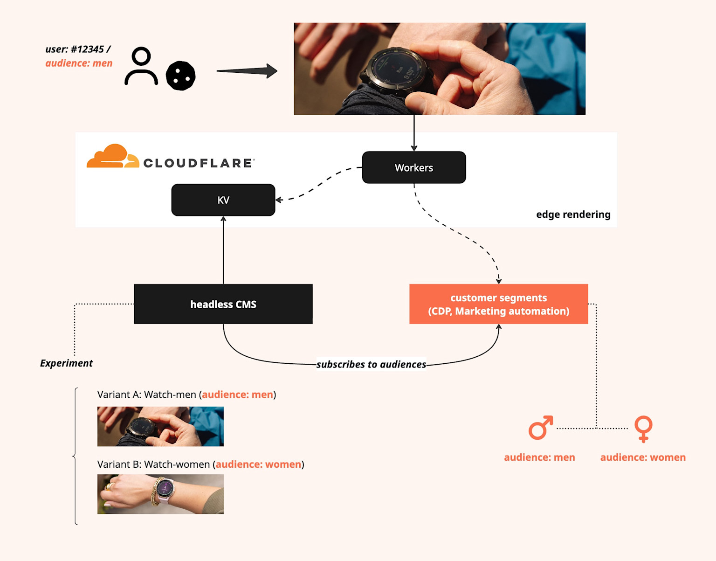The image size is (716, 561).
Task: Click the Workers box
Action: [x=414, y=167]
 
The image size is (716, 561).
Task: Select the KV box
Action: [x=223, y=200]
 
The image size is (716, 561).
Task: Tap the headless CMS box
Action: [x=223, y=304]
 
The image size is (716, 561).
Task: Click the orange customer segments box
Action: [x=498, y=304]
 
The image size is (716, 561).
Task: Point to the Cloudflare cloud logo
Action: [x=112, y=157]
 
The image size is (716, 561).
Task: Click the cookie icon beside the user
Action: [x=181, y=76]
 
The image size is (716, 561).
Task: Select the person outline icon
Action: [x=141, y=66]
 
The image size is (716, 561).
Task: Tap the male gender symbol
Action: [x=540, y=428]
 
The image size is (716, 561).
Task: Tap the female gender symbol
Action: [x=643, y=429]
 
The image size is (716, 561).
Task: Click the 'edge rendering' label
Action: [x=573, y=215]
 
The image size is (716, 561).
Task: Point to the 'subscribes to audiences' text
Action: [x=371, y=364]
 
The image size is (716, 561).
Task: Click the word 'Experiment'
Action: [x=66, y=363]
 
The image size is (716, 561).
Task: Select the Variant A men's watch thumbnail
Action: [x=160, y=426]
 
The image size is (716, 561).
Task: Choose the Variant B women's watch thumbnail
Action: [x=160, y=494]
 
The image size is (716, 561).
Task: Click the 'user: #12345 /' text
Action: [x=78, y=49]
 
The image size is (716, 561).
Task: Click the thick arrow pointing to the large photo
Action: [x=247, y=71]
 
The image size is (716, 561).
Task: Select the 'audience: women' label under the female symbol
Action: [x=643, y=457]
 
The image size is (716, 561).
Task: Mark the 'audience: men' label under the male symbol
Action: [x=539, y=457]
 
